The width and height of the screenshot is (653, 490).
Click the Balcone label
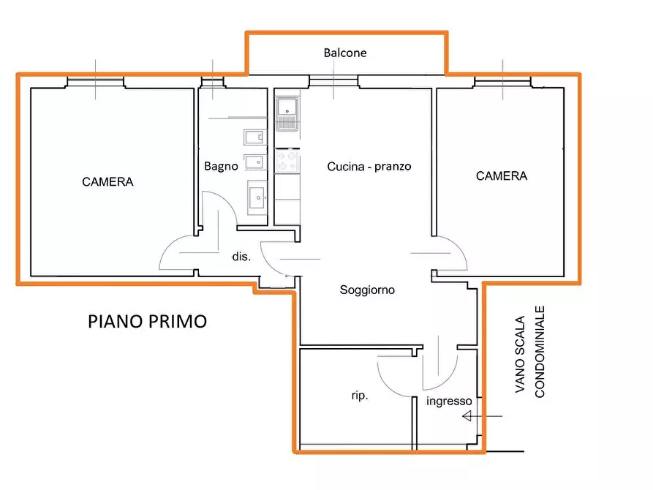345,53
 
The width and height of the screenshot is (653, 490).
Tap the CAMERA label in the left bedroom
107,181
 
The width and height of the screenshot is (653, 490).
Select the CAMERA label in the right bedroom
501,176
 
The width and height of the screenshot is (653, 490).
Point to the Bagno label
221,166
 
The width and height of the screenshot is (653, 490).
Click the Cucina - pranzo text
369,166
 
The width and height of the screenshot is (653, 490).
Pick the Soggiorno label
367,290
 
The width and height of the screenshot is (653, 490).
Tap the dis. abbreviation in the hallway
241,257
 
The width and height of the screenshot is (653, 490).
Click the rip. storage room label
359,396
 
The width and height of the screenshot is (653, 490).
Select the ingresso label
449,401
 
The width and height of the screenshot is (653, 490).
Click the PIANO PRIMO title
147,321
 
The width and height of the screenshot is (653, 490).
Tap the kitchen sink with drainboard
287,113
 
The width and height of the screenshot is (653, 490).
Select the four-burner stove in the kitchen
287,161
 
